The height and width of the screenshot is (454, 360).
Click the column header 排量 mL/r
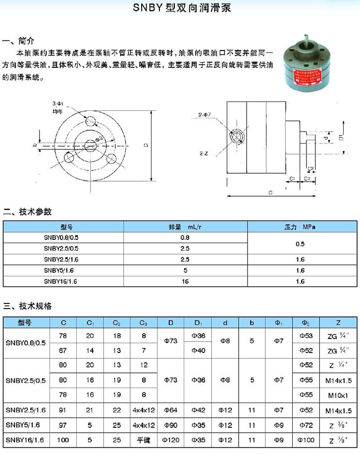tap(185, 227)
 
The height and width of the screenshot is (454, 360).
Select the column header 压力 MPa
tap(300, 227)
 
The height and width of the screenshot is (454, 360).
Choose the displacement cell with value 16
tap(185, 281)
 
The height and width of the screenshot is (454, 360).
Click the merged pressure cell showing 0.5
tap(300, 244)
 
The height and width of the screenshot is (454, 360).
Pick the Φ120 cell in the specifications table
tap(170, 439)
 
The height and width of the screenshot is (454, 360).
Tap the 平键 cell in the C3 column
tap(144, 439)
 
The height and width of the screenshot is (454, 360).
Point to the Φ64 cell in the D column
tap(170, 410)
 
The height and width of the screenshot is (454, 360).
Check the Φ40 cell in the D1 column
tap(198, 351)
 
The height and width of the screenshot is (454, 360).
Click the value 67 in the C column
tap(64, 351)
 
